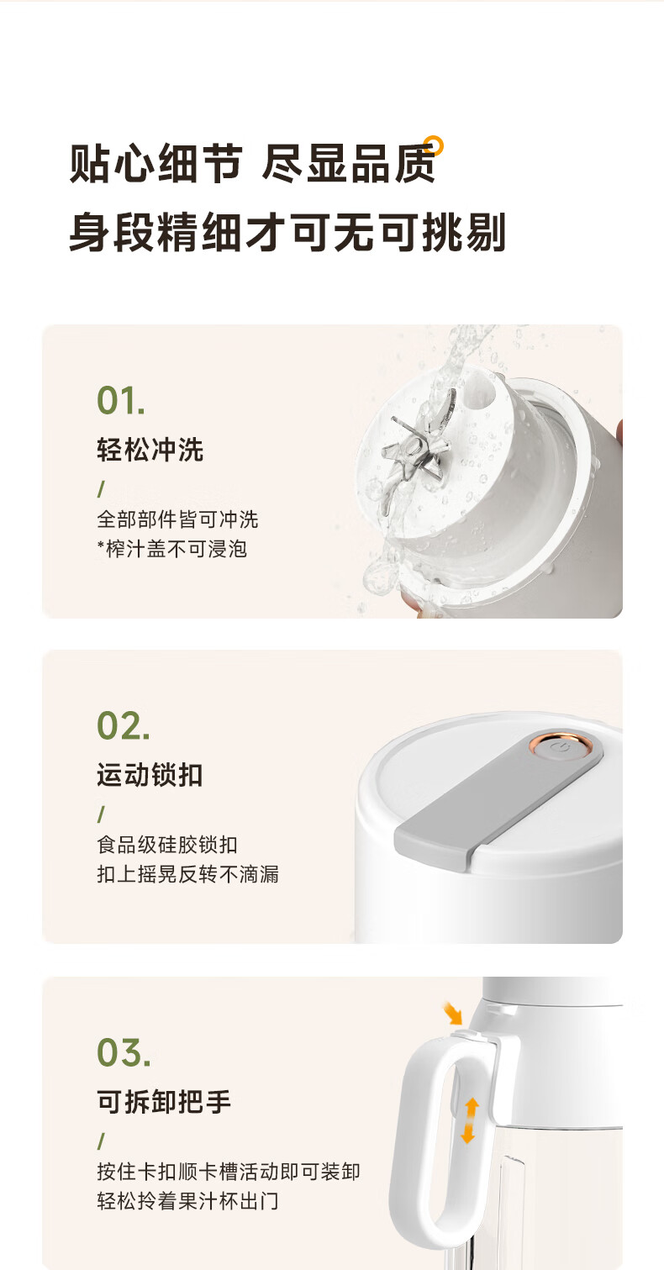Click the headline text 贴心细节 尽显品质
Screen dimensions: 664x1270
[253, 164]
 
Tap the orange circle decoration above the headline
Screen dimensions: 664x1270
[434, 145]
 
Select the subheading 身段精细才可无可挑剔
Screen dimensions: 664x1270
[287, 232]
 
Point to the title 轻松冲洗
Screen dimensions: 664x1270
[150, 451]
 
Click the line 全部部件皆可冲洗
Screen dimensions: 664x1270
[177, 519]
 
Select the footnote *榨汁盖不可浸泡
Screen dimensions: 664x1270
[172, 549]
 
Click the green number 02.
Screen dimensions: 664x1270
[123, 725]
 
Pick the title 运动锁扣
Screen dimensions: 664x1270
[150, 775]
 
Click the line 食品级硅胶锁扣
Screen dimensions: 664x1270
[167, 845]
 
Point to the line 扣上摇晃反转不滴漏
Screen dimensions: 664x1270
[187, 874]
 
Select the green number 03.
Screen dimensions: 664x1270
[124, 1052]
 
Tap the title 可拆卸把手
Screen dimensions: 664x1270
[164, 1102]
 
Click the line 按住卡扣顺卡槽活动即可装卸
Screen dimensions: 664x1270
[229, 1172]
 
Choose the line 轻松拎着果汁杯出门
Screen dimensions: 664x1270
[187, 1201]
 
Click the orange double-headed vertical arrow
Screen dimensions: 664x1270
[470, 1120]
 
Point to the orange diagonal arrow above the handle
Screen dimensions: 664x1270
[452, 1013]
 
